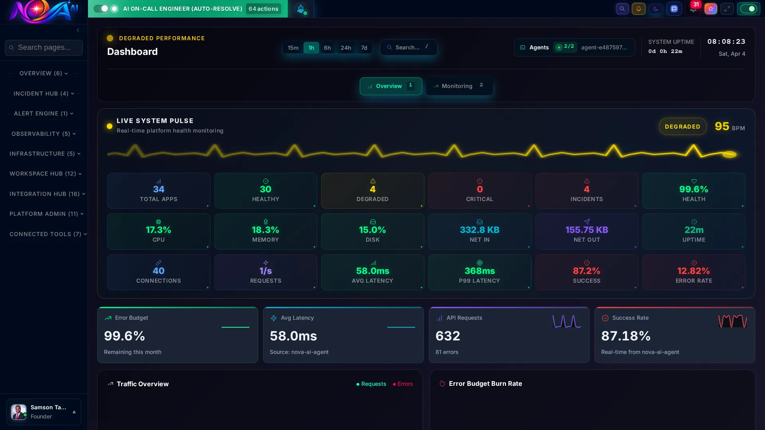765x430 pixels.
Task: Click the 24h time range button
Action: click(345, 48)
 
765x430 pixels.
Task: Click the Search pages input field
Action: click(44, 48)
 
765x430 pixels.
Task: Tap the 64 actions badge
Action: click(263, 9)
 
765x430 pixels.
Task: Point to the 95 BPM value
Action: click(722, 127)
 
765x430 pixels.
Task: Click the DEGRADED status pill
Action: click(682, 127)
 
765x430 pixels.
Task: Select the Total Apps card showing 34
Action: click(159, 191)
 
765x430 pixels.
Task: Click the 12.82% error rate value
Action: click(693, 271)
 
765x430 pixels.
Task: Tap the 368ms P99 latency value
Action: click(479, 271)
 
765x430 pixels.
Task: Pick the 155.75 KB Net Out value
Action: click(586, 230)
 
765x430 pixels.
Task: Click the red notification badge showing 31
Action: click(696, 5)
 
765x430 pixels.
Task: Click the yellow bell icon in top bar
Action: click(638, 9)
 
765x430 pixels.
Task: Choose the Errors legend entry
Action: click(403, 384)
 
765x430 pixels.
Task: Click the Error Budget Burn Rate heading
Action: click(485, 383)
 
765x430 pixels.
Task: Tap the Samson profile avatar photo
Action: click(18, 412)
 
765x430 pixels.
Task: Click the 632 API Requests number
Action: click(447, 336)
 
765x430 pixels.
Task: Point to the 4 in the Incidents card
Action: click(586, 190)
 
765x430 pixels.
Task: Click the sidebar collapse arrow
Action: click(78, 30)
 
